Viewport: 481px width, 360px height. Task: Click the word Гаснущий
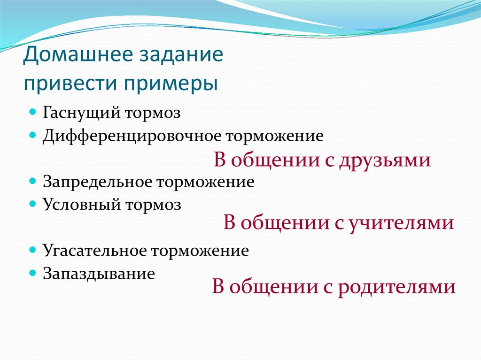(82, 114)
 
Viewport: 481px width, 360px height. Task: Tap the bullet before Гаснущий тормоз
(32, 113)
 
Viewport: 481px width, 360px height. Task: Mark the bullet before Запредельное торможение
(32, 181)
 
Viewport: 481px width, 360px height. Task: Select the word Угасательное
(94, 251)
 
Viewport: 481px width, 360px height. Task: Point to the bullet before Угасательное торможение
(32, 250)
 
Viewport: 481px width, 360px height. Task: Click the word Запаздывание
(99, 273)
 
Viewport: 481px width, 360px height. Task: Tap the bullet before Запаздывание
(32, 272)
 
